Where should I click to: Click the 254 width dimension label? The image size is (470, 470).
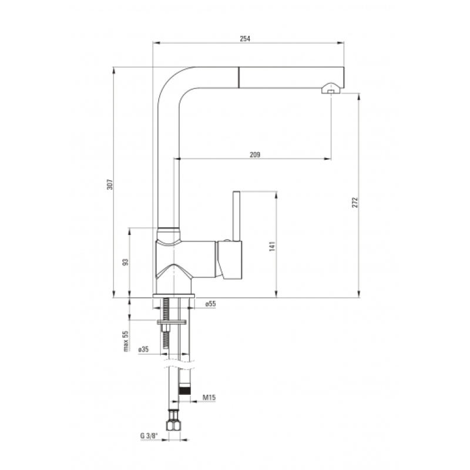(x=245, y=39)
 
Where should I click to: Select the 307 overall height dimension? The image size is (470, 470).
(x=110, y=184)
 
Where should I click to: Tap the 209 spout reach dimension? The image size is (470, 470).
(x=255, y=155)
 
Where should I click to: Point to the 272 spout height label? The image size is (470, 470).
(x=355, y=202)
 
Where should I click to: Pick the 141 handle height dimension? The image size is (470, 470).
(x=272, y=246)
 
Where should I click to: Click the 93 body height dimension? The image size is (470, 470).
(x=126, y=261)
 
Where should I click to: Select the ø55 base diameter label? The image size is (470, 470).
(x=210, y=304)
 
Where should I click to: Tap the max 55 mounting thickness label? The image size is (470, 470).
(x=126, y=341)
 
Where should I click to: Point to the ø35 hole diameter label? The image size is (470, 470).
(x=143, y=350)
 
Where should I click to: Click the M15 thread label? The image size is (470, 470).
(x=209, y=398)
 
